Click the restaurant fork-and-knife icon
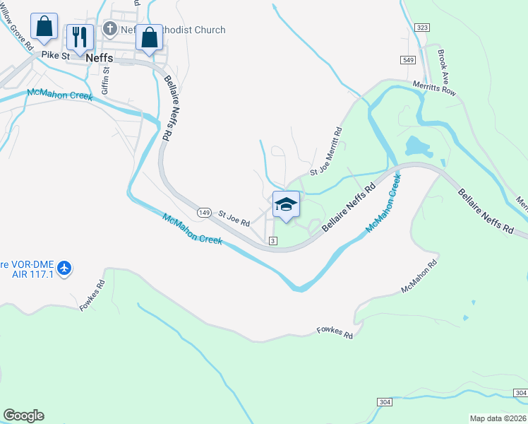pyautogui.click(x=80, y=36)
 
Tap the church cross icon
pyautogui.click(x=109, y=29)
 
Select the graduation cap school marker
pyautogui.click(x=286, y=205)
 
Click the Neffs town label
pyautogui.click(x=99, y=59)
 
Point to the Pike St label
pyautogui.click(x=55, y=54)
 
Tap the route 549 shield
pyautogui.click(x=408, y=60)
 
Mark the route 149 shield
pyautogui.click(x=204, y=212)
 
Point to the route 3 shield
pyautogui.click(x=273, y=241)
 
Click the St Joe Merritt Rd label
pyautogui.click(x=327, y=153)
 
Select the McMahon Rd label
pyautogui.click(x=419, y=276)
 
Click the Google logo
pyautogui.click(x=23, y=416)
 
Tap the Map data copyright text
pyautogui.click(x=498, y=418)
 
